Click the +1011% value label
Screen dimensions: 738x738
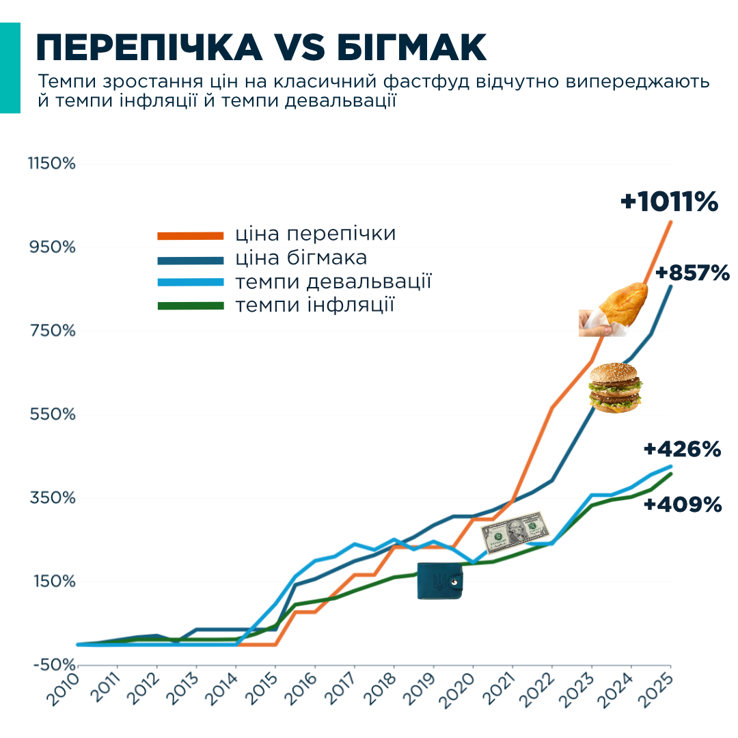click(x=670, y=202)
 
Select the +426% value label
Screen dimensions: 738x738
click(x=682, y=450)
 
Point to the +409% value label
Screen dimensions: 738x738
click(x=683, y=505)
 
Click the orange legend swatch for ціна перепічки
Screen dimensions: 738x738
click(x=191, y=236)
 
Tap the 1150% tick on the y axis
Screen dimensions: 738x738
click(x=51, y=164)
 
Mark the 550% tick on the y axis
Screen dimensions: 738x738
click(x=52, y=414)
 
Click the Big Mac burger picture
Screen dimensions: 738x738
click(x=615, y=387)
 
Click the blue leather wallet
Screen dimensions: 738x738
click(x=439, y=581)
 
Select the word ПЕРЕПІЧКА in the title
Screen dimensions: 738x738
click(x=149, y=48)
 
